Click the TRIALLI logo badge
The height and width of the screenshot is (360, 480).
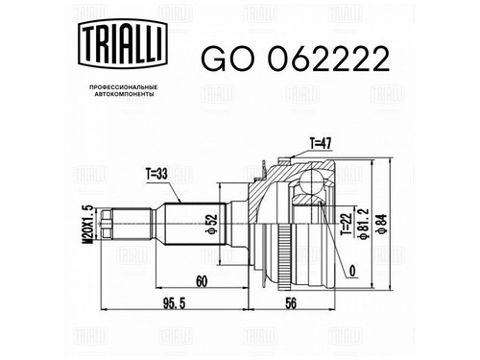point(123,43)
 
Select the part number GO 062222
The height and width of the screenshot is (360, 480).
point(296,59)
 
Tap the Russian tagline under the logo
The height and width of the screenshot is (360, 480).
point(123,90)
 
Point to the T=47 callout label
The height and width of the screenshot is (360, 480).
point(321,144)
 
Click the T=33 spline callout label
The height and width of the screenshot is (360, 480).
point(156,175)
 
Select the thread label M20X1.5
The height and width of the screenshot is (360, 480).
point(87,225)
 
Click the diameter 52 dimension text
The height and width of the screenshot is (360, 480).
point(212,224)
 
